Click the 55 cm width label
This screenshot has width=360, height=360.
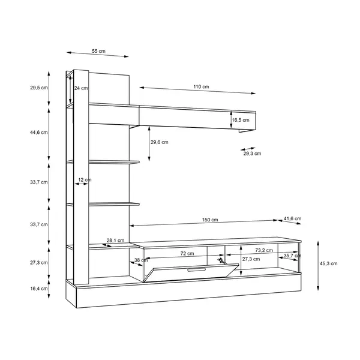(x=98, y=51)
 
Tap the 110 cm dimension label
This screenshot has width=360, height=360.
(x=201, y=87)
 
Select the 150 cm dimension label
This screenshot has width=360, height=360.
(x=210, y=220)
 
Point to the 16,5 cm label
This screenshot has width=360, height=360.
(x=241, y=120)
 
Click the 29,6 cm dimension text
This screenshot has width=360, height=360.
(x=160, y=142)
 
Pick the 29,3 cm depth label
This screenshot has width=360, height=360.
(x=252, y=154)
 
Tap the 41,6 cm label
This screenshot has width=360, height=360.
(x=292, y=218)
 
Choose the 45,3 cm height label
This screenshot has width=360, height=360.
(x=329, y=263)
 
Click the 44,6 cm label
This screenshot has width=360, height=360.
(x=39, y=133)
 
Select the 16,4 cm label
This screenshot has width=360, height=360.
(x=39, y=289)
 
